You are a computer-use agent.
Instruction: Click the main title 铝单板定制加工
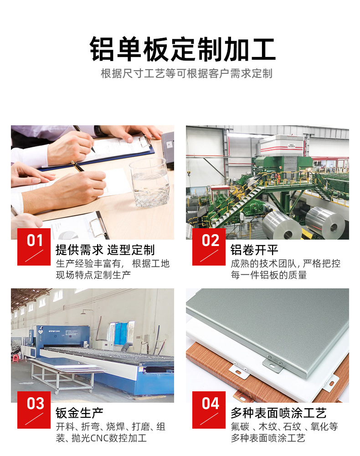click(182, 49)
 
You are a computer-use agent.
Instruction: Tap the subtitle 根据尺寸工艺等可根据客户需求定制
click(186, 74)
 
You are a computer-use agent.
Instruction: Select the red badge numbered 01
click(34, 246)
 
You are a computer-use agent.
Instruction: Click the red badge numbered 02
click(209, 246)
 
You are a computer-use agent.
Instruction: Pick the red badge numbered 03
click(34, 410)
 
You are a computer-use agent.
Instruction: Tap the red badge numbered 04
click(209, 410)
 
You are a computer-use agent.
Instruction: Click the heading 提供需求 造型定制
click(105, 250)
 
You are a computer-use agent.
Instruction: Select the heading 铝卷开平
click(254, 250)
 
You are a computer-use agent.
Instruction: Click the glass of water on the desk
click(150, 183)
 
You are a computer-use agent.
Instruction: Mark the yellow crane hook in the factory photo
click(189, 174)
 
